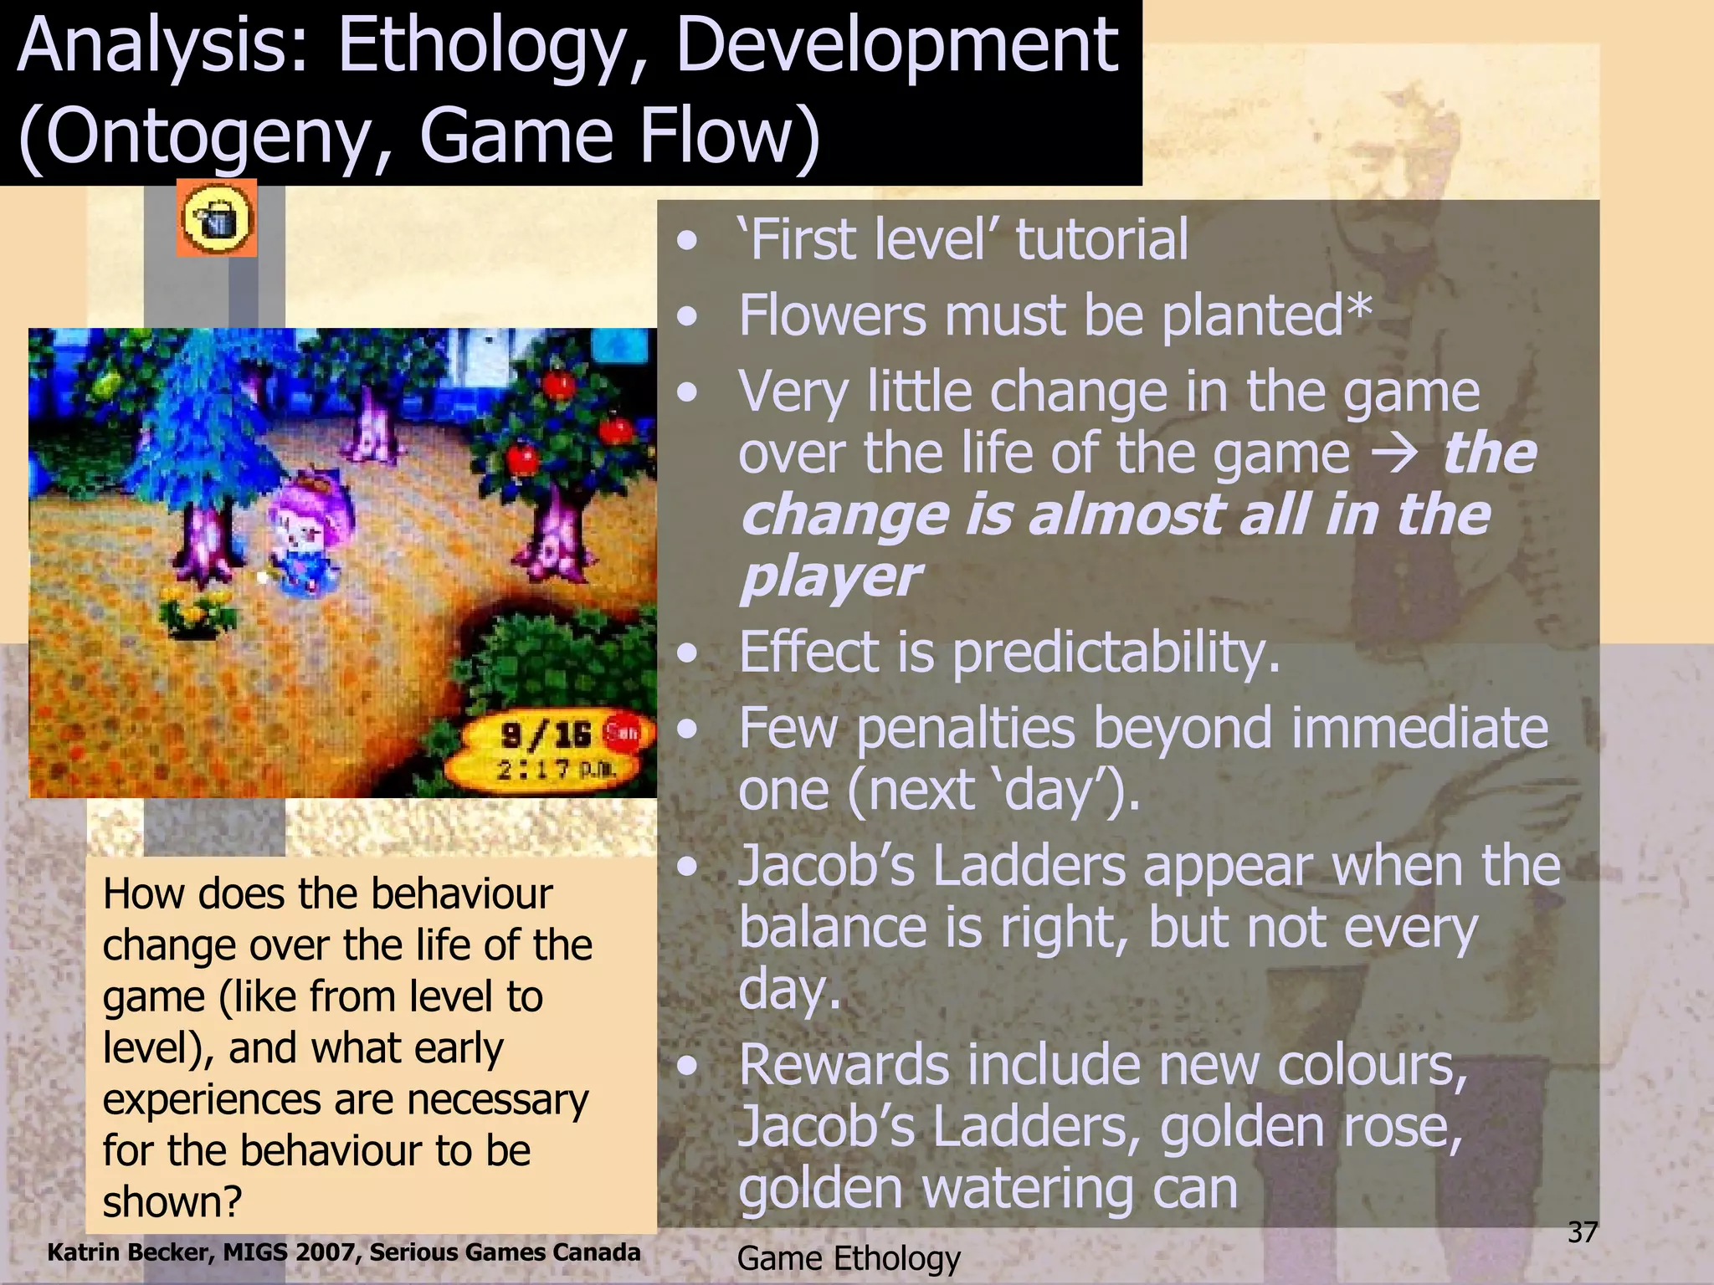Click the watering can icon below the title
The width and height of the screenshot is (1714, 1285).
coord(217,218)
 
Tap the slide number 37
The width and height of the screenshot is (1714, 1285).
coord(1583,1232)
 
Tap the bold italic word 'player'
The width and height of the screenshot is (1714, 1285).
coord(830,577)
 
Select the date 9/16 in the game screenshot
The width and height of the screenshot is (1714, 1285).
coord(547,735)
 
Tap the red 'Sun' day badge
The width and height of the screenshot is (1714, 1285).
coord(622,732)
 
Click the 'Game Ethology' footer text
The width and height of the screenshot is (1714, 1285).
coord(849,1258)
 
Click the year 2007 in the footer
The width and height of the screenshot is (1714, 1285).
coord(329,1252)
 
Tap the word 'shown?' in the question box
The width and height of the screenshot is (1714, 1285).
coord(172,1202)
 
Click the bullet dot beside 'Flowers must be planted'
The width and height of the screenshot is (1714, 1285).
coord(688,317)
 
